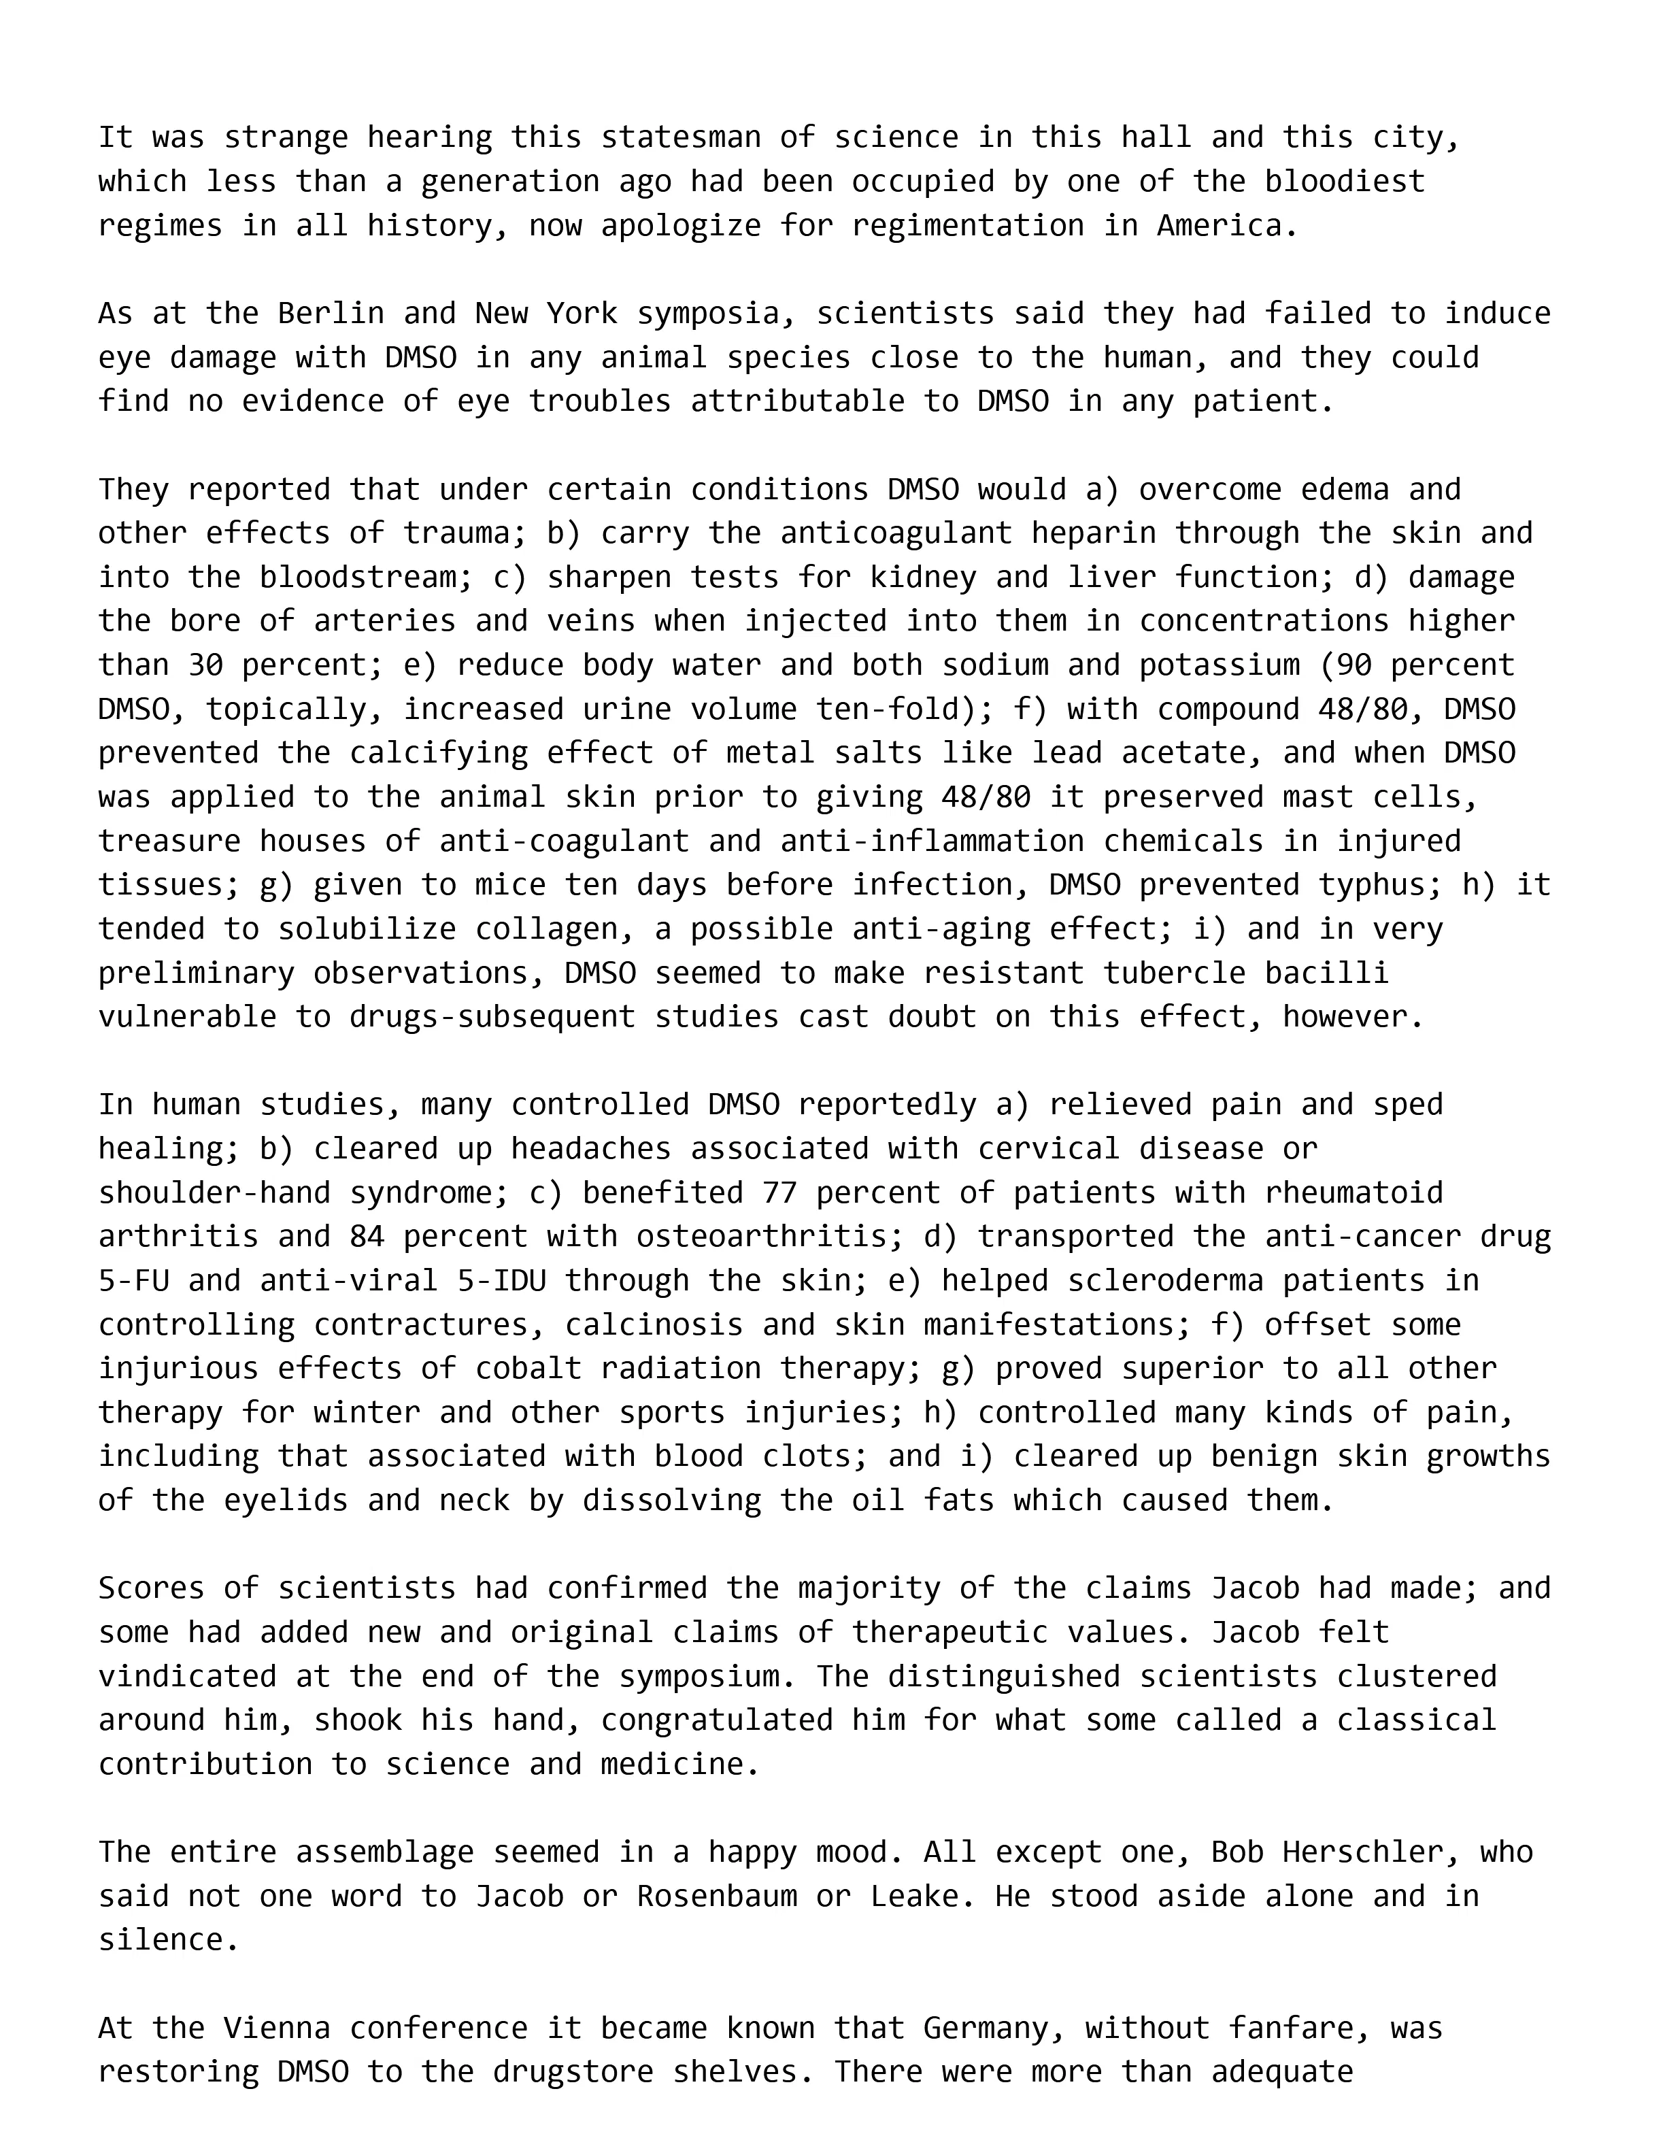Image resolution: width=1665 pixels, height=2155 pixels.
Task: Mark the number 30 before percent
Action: point(205,665)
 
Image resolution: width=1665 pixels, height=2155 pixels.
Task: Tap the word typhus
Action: point(1380,884)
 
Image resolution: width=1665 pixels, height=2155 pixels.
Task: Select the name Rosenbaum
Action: point(717,1897)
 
